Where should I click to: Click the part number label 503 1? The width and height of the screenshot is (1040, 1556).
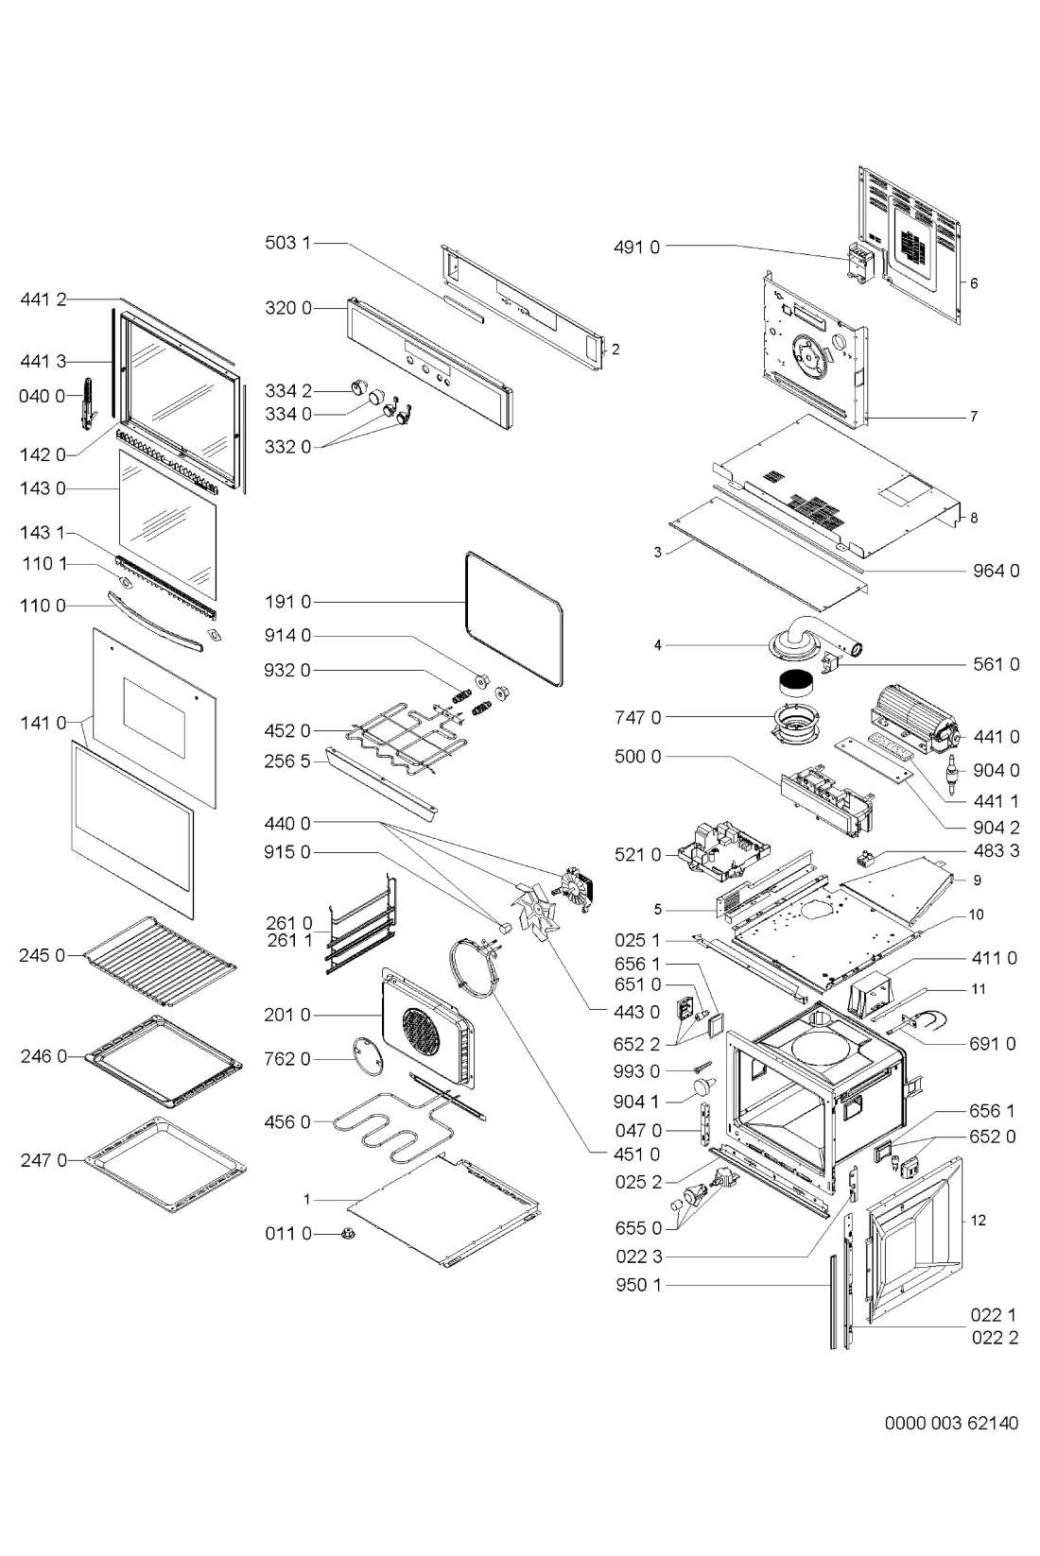(x=286, y=243)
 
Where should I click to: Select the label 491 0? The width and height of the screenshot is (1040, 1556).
(x=637, y=248)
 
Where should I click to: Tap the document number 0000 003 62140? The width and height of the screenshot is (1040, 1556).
(x=951, y=1423)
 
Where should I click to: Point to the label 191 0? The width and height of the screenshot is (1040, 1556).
(x=286, y=601)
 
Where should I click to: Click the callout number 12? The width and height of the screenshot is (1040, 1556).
(x=979, y=1221)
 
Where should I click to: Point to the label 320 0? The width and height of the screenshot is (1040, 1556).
(x=286, y=308)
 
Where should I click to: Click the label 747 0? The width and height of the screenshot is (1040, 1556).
(x=637, y=717)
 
